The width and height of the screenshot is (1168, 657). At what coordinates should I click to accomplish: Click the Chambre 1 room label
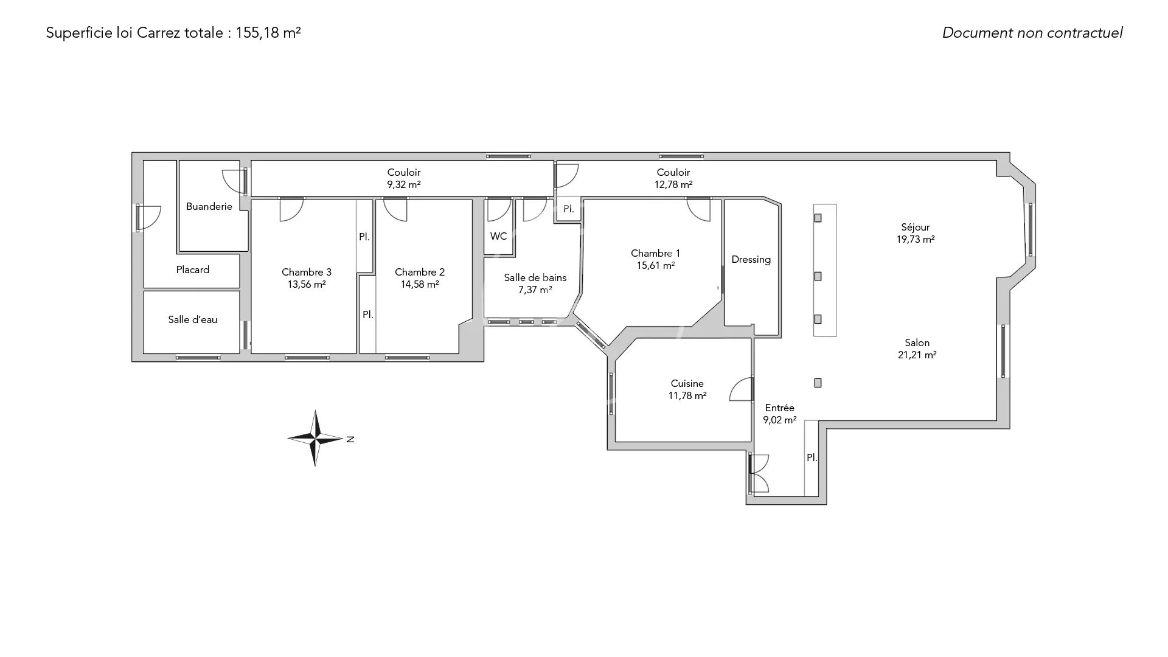(655, 253)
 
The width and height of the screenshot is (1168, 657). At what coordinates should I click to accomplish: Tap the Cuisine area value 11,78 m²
(687, 395)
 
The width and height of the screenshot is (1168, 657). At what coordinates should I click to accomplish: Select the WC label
(498, 236)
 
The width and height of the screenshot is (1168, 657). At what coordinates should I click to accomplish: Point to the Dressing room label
(751, 260)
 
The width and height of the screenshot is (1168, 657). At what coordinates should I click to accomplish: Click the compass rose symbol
(315, 438)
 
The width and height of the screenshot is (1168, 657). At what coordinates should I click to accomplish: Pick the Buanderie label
(209, 207)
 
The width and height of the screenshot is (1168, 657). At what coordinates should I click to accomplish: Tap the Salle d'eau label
(193, 319)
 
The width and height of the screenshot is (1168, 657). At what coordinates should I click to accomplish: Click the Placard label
(193, 269)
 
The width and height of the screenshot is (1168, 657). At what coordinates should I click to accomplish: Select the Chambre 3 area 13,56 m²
(307, 284)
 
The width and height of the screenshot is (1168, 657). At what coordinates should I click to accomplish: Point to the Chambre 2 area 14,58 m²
(420, 284)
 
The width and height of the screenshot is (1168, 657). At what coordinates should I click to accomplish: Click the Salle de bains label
(535, 277)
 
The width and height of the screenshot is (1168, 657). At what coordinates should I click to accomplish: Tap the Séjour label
(916, 228)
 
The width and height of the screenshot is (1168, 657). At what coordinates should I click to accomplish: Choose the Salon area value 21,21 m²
(917, 355)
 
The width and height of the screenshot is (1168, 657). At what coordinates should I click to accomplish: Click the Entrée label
(779, 408)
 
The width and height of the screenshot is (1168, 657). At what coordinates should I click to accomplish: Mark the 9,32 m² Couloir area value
(404, 184)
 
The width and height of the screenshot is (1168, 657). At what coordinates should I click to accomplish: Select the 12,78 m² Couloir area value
(673, 184)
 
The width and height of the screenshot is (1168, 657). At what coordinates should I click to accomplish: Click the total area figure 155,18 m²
(268, 33)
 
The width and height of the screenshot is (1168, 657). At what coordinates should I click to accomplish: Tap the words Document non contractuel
(1032, 33)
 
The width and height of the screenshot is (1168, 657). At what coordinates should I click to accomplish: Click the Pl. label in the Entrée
(812, 457)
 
